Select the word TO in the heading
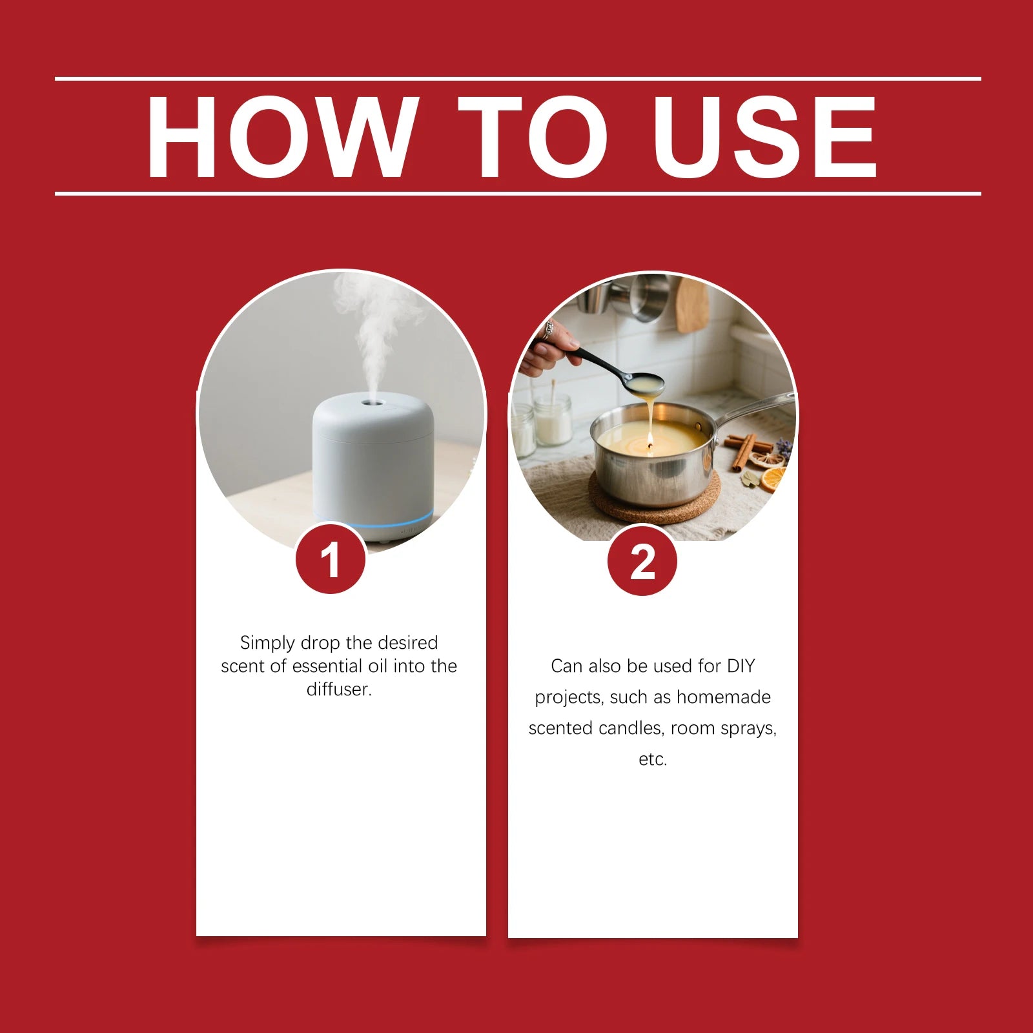(533, 136)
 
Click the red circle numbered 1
(331, 559)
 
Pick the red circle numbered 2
(642, 560)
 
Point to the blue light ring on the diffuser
(374, 520)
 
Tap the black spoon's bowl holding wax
(644, 384)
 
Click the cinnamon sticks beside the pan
(749, 448)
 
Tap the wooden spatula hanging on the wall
(692, 305)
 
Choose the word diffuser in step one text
(339, 690)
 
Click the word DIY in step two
(741, 666)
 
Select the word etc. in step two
(653, 759)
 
